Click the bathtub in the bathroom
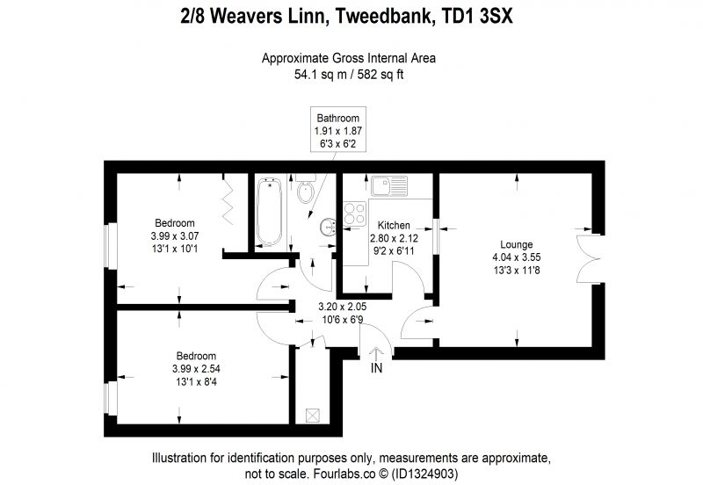coord(269,212)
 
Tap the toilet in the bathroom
coord(306,189)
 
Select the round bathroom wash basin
coord(329,227)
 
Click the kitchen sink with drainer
coord(389,185)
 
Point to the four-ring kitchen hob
coord(355,214)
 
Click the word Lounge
coord(517,244)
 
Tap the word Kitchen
coord(394,225)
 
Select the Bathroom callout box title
coord(338,119)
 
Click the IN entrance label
coord(377,368)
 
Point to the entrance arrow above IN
coord(376,354)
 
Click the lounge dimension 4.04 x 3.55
coord(517,257)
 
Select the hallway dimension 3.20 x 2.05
coord(343,307)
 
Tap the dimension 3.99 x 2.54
coord(196,369)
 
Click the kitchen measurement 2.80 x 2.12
coord(394,238)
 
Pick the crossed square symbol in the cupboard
coord(312,415)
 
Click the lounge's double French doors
coord(587,258)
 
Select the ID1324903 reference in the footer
coord(424,474)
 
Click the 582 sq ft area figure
coord(380,75)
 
